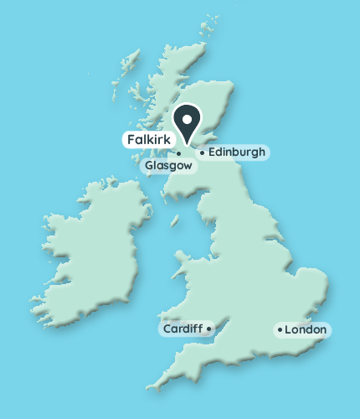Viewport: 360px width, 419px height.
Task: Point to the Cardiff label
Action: pyautogui.click(x=182, y=328)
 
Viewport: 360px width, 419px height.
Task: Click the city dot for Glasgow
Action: pyautogui.click(x=179, y=153)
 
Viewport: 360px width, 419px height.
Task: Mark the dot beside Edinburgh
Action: pyautogui.click(x=202, y=153)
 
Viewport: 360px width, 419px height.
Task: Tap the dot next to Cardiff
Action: pyautogui.click(x=208, y=328)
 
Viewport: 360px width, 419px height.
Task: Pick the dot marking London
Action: pyautogui.click(x=280, y=330)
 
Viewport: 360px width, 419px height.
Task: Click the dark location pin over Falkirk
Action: pyautogui.click(x=188, y=122)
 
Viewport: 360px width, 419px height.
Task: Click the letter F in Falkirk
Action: pyautogui.click(x=131, y=138)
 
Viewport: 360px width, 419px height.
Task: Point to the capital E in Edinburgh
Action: pyautogui.click(x=211, y=153)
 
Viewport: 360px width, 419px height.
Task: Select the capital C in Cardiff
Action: pyautogui.click(x=167, y=328)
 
